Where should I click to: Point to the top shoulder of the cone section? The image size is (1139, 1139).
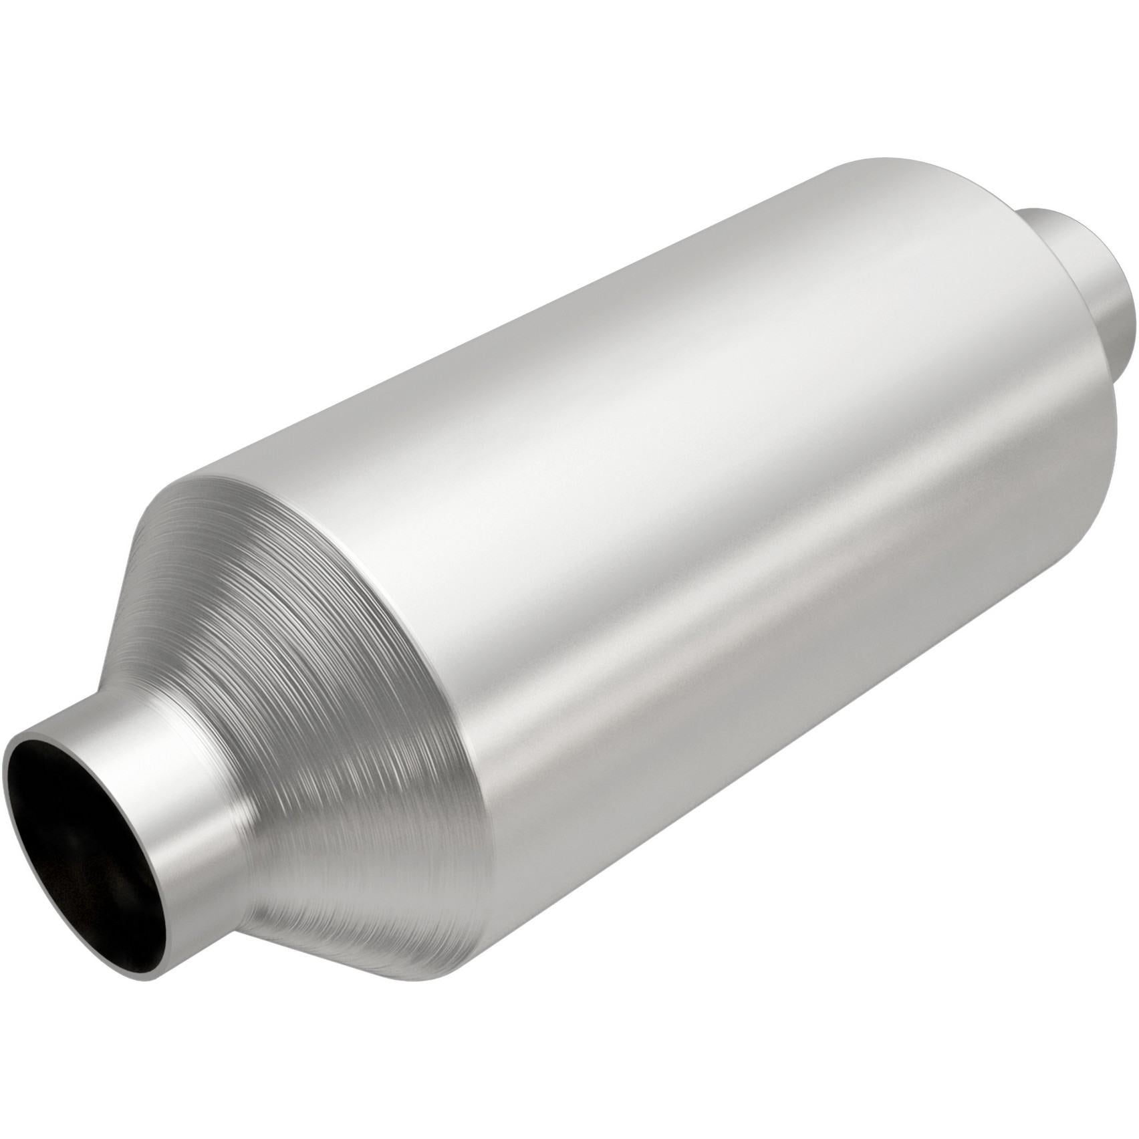[201, 481]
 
